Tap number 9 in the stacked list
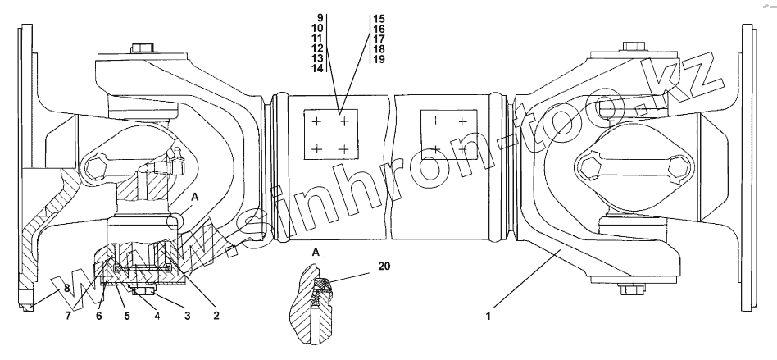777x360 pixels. coord(320,18)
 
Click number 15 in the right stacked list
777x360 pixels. coord(378,18)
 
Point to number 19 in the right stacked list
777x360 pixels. coord(378,59)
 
